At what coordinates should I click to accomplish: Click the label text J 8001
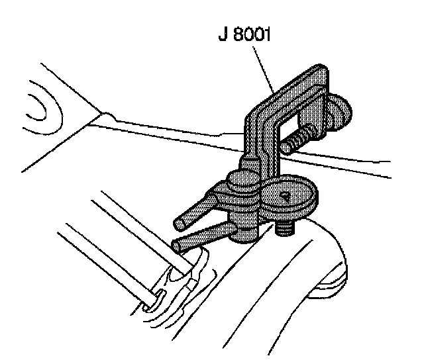coord(247,33)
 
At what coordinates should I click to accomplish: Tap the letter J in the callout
coord(222,33)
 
